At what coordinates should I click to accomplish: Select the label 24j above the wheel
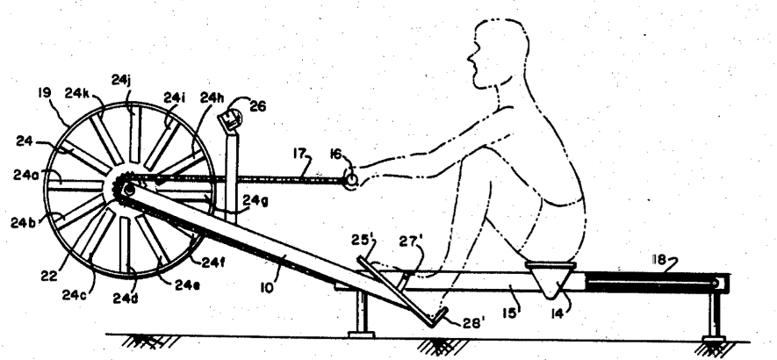(122, 79)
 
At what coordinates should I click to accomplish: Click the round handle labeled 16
(349, 180)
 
